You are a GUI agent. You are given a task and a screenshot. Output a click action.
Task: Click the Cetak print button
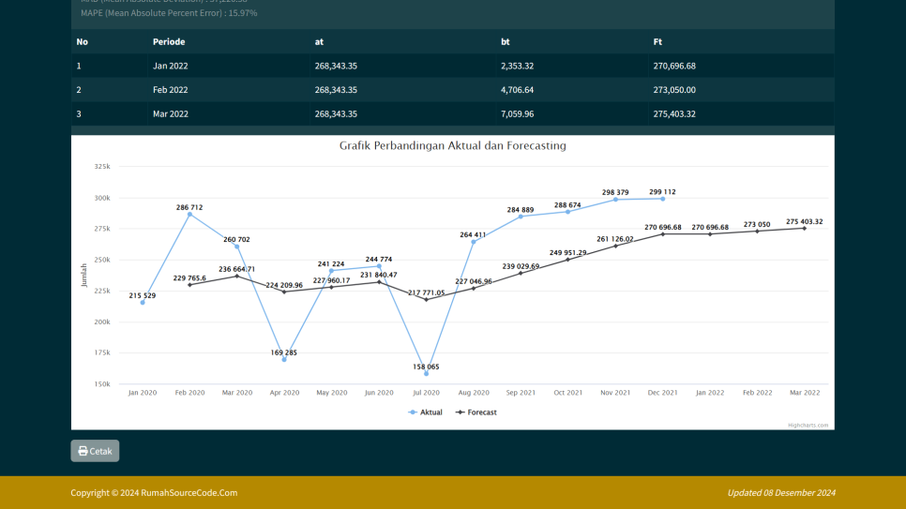95,451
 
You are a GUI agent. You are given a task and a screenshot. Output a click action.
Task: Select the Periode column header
169,41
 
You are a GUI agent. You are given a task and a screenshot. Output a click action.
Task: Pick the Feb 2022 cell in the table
171,90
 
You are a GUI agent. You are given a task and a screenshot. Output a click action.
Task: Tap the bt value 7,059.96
517,114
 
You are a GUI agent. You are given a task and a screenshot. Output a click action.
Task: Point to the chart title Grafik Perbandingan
452,146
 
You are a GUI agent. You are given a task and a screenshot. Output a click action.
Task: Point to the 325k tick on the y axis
102,167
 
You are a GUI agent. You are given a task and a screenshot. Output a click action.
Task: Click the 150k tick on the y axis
102,384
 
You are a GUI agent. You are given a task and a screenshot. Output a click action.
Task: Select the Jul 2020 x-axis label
426,393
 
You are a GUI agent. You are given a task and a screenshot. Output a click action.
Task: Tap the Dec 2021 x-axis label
662,393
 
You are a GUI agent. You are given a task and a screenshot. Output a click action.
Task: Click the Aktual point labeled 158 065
426,374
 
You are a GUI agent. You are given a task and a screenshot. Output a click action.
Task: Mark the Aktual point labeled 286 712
189,215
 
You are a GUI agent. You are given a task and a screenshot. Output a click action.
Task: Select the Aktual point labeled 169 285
284,360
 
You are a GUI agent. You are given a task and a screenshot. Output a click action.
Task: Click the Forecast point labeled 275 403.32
804,228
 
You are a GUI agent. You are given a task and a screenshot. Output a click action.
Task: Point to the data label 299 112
662,192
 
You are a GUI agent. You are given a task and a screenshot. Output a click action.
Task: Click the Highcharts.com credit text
808,425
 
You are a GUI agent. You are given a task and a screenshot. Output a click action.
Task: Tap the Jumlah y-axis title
83,275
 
